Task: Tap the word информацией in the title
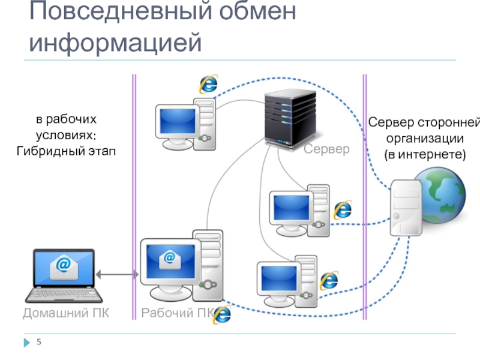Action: coord(114,43)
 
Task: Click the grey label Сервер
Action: coord(326,149)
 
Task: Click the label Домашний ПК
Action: coord(66,313)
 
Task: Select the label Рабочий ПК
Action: coord(177,313)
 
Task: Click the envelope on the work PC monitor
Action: coord(170,259)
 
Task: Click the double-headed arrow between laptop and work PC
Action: coord(118,275)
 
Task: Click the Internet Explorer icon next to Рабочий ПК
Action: coord(223,314)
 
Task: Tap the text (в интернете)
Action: coord(425,154)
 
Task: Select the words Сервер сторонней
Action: coord(424,123)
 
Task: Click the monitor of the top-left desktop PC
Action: coord(176,122)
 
